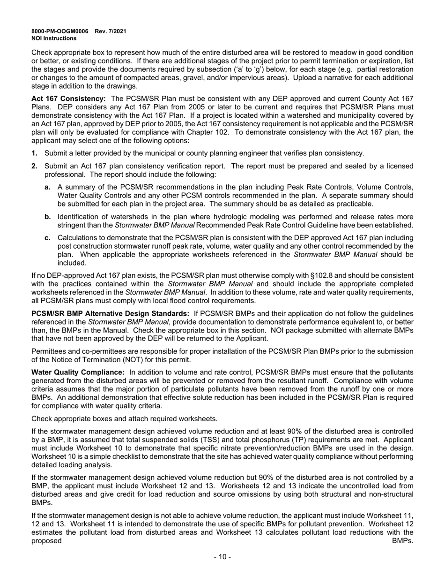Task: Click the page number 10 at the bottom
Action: [222, 557]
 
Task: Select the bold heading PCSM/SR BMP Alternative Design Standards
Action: [111, 313]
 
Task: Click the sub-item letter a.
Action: [47, 187]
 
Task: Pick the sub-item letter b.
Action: [47, 217]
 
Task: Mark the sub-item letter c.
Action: [47, 238]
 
